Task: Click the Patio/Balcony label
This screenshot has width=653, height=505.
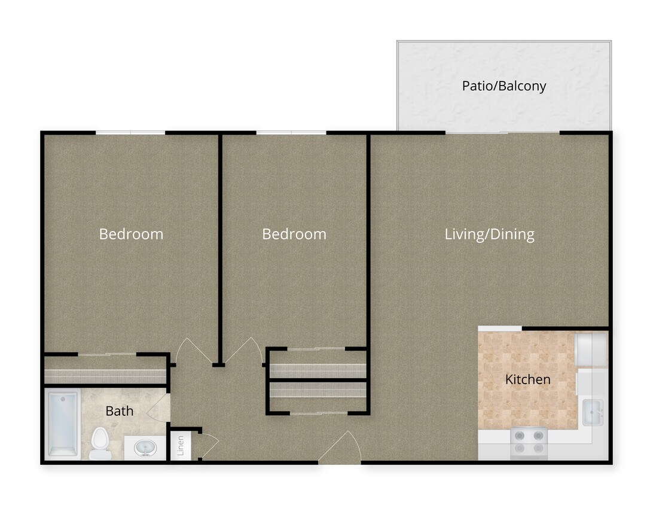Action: tap(504, 86)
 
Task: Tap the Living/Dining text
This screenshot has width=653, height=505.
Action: tap(489, 234)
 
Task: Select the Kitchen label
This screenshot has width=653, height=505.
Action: tap(527, 379)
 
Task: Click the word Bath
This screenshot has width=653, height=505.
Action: tap(119, 411)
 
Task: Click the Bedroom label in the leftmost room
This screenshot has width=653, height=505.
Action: tap(131, 234)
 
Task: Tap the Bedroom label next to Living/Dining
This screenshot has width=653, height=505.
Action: tap(294, 234)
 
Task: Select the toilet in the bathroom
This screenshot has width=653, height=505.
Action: tap(100, 443)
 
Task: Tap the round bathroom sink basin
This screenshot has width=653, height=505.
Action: tap(145, 446)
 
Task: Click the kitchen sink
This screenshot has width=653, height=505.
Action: tap(593, 412)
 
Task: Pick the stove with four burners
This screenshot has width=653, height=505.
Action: tap(529, 442)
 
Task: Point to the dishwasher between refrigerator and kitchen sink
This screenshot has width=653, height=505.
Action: tap(590, 382)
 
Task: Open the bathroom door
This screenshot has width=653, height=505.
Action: tap(160, 408)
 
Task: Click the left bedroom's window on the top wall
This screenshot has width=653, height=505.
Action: tap(130, 132)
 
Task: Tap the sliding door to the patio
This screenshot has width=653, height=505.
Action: tap(502, 132)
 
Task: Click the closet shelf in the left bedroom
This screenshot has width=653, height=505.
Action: tap(105, 376)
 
